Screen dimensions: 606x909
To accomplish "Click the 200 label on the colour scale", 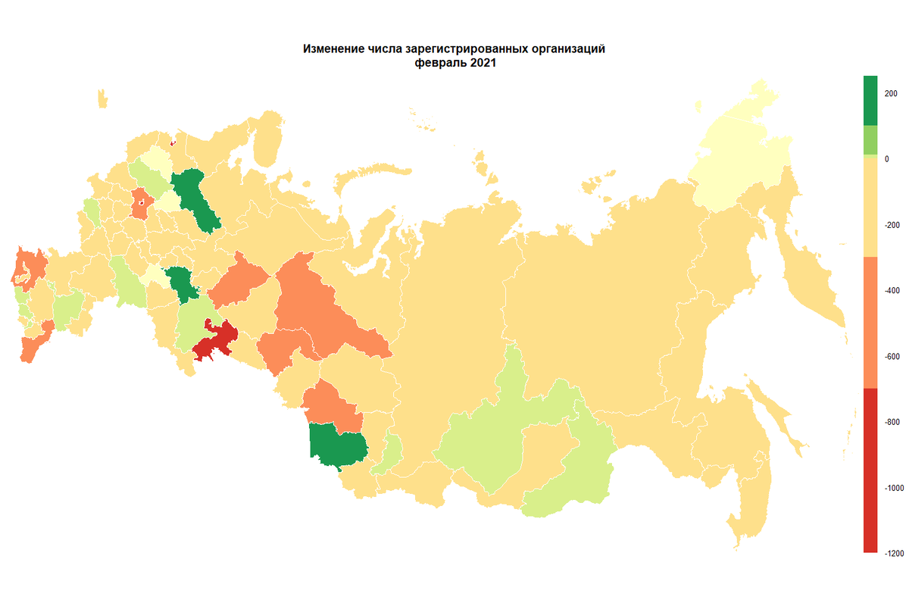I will pyautogui.click(x=891, y=93).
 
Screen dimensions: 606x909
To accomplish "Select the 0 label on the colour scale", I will pyautogui.click(x=886, y=159).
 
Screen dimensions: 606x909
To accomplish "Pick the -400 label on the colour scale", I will pyautogui.click(x=891, y=291).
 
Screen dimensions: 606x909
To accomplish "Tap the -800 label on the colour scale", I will pyautogui.click(x=891, y=422).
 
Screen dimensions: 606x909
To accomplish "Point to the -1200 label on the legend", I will pyautogui.click(x=892, y=554).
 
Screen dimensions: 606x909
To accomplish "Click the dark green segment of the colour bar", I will pyautogui.click(x=870, y=100).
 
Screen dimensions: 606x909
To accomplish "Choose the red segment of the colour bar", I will pyautogui.click(x=870, y=470).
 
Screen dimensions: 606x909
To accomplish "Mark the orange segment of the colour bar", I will pyautogui.click(x=870, y=322).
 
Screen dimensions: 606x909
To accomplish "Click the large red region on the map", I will pyautogui.click(x=217, y=339).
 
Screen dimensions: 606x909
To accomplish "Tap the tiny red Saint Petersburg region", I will pyautogui.click(x=173, y=142).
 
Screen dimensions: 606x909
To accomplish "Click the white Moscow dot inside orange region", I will pyautogui.click(x=142, y=203).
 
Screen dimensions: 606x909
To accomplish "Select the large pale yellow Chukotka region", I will pyautogui.click(x=739, y=151).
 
